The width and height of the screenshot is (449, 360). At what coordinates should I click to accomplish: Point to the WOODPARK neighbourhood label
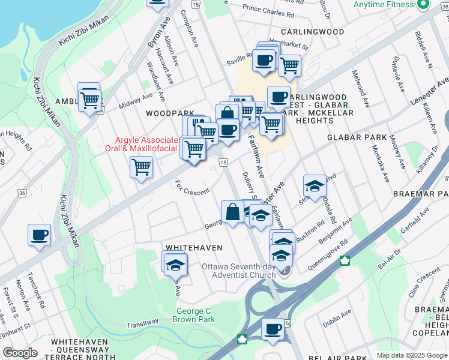pyautogui.click(x=169, y=113)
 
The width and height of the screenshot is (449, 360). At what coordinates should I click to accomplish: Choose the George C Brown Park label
pyautogui.click(x=196, y=316)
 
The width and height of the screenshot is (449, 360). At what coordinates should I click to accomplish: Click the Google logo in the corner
pyautogui.click(x=20, y=353)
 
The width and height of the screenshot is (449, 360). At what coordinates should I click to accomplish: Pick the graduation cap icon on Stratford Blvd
pyautogui.click(x=314, y=186)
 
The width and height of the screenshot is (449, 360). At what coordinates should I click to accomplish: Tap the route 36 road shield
pyautogui.click(x=22, y=193)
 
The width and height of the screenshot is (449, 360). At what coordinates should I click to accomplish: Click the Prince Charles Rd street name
pyautogui.click(x=268, y=11)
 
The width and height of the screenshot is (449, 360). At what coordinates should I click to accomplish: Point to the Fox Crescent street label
pyautogui.click(x=192, y=187)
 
